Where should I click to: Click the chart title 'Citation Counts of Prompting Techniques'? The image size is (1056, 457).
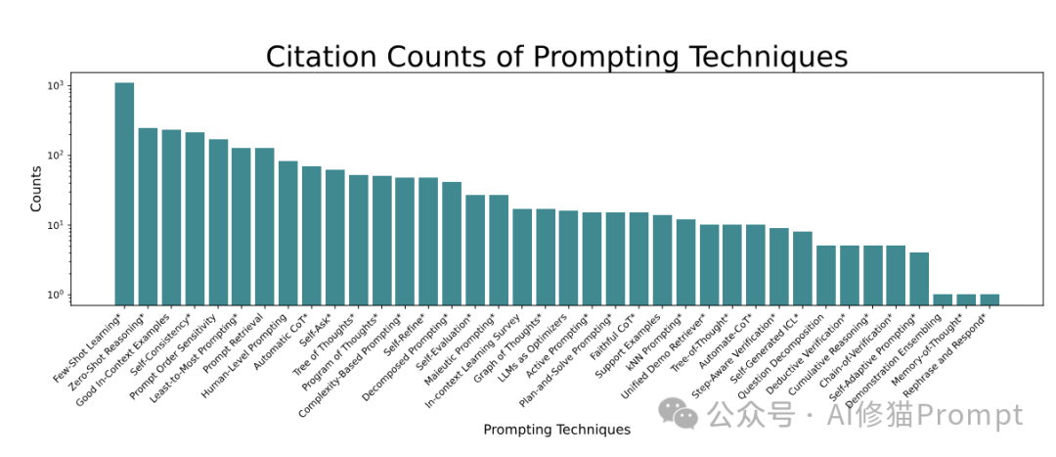pyautogui.click(x=556, y=57)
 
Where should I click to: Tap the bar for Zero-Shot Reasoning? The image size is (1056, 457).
pyautogui.click(x=148, y=216)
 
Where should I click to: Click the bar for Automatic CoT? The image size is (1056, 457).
pyautogui.click(x=311, y=236)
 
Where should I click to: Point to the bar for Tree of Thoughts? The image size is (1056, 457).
pyautogui.click(x=358, y=240)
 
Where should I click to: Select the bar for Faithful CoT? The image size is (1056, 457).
pyautogui.click(x=638, y=258)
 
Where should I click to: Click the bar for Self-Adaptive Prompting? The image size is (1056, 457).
pyautogui.click(x=918, y=278)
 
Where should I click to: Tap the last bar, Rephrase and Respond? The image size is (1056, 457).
pyautogui.click(x=989, y=299)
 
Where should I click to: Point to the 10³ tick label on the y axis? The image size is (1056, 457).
pyautogui.click(x=54, y=86)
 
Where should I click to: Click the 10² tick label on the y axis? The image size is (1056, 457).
pyautogui.click(x=54, y=156)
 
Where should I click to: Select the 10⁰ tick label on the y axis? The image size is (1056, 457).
pyautogui.click(x=54, y=296)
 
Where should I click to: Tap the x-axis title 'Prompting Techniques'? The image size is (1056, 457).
pyautogui.click(x=556, y=430)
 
